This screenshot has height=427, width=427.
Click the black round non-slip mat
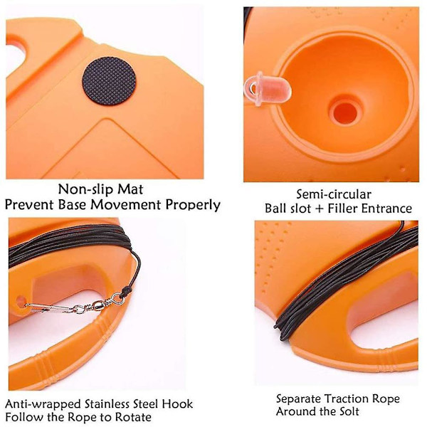click(x=109, y=80)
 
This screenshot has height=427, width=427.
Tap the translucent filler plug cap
click(x=267, y=88)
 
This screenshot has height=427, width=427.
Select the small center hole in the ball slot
click(x=345, y=112)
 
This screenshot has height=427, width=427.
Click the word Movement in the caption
click(x=125, y=205)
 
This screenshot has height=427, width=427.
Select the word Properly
click(x=193, y=206)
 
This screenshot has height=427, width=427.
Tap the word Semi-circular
click(x=334, y=194)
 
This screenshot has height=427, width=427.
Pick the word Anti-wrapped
click(x=43, y=404)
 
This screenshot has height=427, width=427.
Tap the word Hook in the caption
click(x=177, y=404)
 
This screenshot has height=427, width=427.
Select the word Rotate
click(x=133, y=417)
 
